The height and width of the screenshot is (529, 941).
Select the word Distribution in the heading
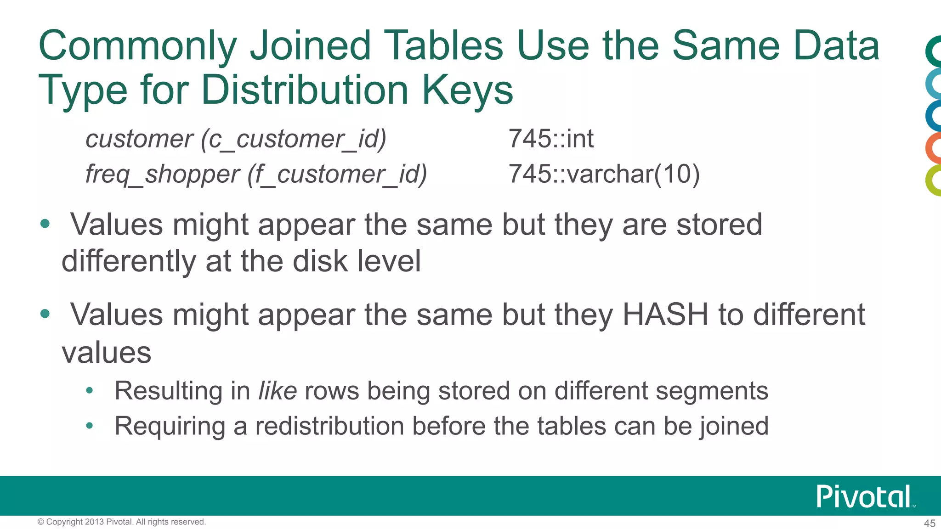point(305,90)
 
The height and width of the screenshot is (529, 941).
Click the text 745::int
point(550,139)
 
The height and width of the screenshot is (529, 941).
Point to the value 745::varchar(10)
point(604,174)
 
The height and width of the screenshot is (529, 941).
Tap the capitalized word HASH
point(665,315)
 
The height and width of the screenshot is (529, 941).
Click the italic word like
point(278,391)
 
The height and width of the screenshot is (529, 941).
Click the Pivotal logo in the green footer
point(864,496)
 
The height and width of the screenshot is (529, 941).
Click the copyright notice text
point(122,522)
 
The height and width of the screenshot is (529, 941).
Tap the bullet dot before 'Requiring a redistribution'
point(90,426)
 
